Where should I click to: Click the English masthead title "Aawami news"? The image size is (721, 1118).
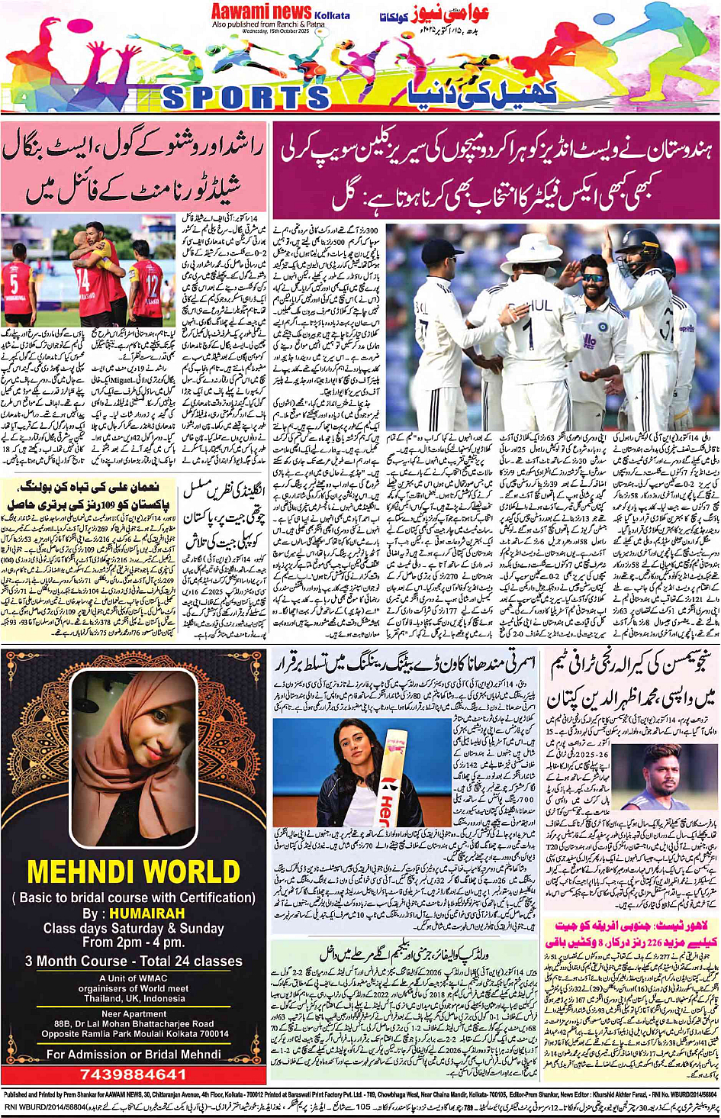pos(261,11)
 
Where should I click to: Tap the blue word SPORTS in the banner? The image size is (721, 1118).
pos(246,97)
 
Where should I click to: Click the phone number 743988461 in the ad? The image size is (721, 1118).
pos(134,1075)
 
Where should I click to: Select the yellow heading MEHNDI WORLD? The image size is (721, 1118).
pos(134,872)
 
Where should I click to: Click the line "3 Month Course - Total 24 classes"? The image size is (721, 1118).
pos(134,962)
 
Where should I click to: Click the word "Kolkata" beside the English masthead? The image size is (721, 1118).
pos(332,15)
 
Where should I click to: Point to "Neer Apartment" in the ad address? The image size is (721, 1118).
pos(134,1014)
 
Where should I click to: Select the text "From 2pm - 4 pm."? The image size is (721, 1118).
pos(134,943)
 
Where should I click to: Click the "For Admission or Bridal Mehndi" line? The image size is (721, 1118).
pos(134,1055)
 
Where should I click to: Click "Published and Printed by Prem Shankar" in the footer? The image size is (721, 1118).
pos(65,1094)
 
